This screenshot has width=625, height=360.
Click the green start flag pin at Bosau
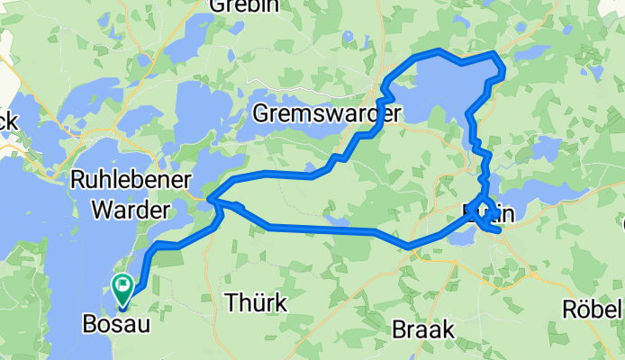coord(123,287)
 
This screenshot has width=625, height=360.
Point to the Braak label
coord(423,330)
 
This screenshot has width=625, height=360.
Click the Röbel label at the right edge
coord(593,309)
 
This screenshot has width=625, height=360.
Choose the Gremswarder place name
coord(327,114)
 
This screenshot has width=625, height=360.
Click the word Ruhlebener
coord(121,181)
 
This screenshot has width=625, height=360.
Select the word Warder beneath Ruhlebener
coord(121,211)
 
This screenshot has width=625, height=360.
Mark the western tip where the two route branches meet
coord(209,198)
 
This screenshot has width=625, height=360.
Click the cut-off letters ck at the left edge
coord(7,120)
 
